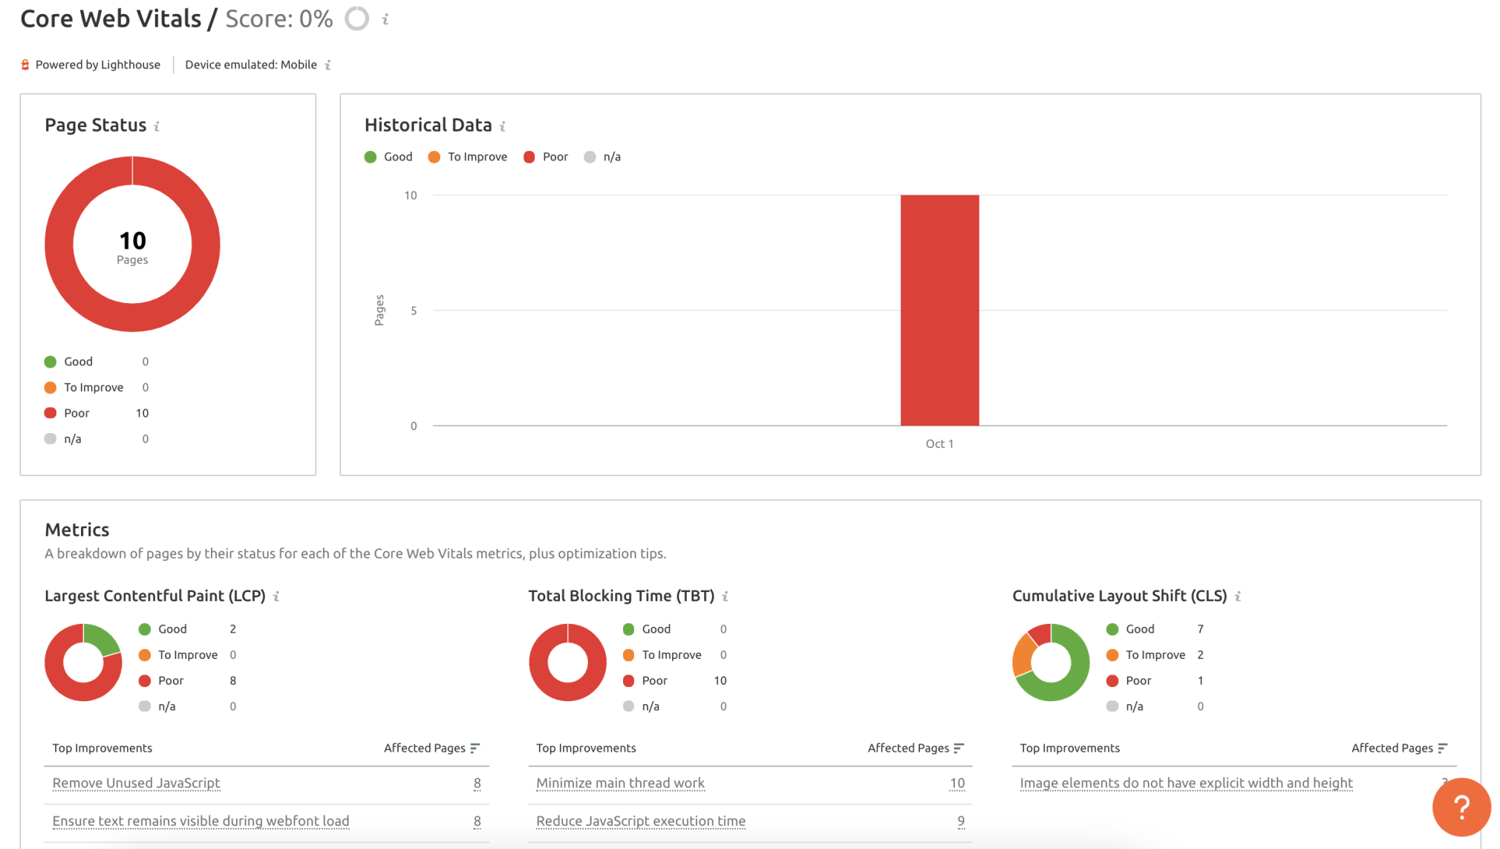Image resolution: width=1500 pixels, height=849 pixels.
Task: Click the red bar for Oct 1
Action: (939, 310)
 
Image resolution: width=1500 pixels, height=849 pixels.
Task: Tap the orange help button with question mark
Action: (1460, 807)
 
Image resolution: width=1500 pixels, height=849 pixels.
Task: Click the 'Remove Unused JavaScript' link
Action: (136, 783)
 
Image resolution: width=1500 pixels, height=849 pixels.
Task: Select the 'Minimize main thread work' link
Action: (620, 783)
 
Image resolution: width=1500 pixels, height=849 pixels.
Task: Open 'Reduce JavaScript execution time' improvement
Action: (640, 821)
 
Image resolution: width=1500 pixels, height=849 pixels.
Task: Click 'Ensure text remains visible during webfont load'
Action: (200, 821)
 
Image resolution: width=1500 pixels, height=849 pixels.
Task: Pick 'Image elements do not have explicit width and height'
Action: (1186, 783)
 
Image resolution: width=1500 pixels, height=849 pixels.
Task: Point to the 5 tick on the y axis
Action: (414, 310)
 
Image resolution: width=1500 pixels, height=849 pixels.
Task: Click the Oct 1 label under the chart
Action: (939, 443)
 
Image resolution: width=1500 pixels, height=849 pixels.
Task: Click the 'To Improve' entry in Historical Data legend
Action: (477, 157)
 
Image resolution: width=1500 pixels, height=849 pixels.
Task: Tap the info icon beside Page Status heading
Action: (157, 126)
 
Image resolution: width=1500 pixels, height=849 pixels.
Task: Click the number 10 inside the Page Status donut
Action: (132, 241)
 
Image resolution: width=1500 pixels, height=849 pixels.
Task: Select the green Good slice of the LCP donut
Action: (102, 638)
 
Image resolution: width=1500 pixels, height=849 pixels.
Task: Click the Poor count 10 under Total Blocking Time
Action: (720, 680)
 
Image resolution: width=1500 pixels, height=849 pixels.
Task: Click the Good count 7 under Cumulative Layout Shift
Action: (1200, 629)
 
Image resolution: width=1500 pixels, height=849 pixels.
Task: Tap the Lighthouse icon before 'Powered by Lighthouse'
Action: (25, 65)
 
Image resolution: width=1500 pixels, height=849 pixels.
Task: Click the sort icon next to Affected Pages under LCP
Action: (475, 748)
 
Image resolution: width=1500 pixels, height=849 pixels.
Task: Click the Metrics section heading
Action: (76, 530)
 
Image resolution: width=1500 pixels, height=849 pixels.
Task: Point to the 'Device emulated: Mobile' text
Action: (251, 65)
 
